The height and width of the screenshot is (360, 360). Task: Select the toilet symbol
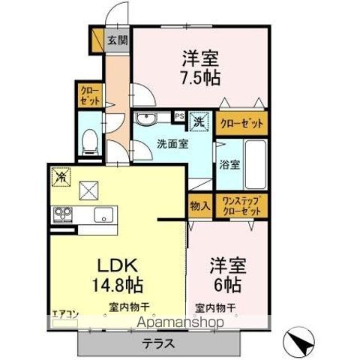[90, 140]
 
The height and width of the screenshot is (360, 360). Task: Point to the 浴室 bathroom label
[229, 164]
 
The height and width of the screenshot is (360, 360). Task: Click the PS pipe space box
[179, 116]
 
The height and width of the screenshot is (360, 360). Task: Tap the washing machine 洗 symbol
[199, 119]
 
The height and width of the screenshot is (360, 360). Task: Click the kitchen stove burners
[61, 216]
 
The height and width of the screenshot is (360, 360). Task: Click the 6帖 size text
[226, 286]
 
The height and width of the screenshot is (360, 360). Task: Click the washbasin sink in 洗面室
[144, 118]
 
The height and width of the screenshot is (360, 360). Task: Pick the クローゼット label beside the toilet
[89, 95]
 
